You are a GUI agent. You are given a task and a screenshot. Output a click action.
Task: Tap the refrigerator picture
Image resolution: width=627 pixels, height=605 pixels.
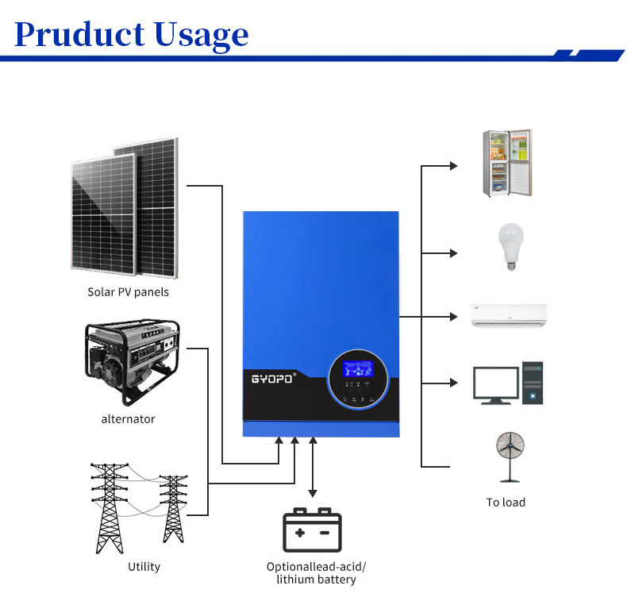point(507,163)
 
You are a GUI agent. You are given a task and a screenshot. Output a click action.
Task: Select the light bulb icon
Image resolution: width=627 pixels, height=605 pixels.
point(509,247)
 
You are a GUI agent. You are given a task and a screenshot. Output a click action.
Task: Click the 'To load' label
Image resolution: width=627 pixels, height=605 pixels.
point(506,502)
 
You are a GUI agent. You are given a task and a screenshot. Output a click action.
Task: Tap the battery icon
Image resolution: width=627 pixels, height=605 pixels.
point(313,530)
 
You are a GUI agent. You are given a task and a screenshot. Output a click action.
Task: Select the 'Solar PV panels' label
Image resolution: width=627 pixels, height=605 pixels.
point(128,291)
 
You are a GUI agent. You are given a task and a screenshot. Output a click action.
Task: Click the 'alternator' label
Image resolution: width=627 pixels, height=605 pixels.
point(128,418)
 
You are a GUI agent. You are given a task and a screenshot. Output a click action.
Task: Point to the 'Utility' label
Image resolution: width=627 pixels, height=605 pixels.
point(144,566)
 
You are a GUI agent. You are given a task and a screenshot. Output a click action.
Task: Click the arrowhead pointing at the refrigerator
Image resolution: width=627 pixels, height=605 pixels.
point(454,166)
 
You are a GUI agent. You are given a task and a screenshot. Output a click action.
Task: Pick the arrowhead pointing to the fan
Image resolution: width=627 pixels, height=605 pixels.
point(454,465)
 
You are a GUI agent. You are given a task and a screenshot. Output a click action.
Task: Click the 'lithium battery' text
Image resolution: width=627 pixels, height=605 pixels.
point(316,580)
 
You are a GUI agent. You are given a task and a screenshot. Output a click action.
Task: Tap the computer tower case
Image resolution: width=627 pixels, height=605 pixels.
point(533,383)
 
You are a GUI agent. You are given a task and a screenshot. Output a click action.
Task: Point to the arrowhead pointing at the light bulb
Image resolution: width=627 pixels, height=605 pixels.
point(454,253)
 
